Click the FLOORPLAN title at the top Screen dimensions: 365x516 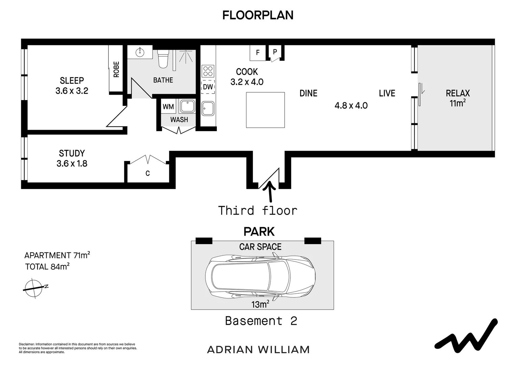[258, 15]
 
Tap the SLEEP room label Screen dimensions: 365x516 [72, 80]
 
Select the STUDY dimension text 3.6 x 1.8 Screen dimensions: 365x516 [72, 164]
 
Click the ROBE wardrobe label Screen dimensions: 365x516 [116, 69]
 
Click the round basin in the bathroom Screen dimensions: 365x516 [140, 52]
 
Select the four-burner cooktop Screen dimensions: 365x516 [208, 71]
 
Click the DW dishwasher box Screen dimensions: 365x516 [208, 87]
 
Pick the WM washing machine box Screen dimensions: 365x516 [168, 107]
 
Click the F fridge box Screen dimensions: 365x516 [258, 53]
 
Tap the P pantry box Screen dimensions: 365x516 [275, 52]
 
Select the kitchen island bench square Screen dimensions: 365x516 [265, 110]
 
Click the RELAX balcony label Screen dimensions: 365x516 [458, 93]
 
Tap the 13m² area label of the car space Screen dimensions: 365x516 [260, 304]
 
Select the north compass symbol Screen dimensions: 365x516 [34, 288]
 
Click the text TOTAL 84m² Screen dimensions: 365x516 [47, 267]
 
